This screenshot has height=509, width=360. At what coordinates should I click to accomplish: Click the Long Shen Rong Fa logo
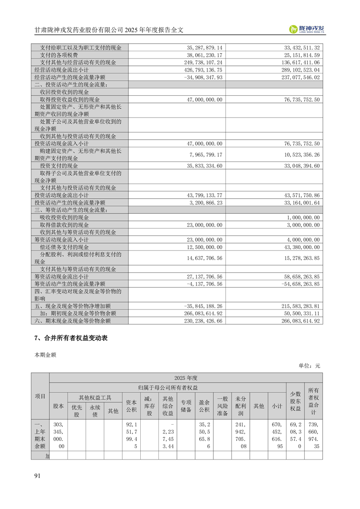click(307, 29)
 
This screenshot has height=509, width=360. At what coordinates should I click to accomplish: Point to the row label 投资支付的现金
click(59, 166)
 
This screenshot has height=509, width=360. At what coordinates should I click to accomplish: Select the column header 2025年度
click(186, 377)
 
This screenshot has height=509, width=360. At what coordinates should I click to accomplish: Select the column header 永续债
click(94, 411)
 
